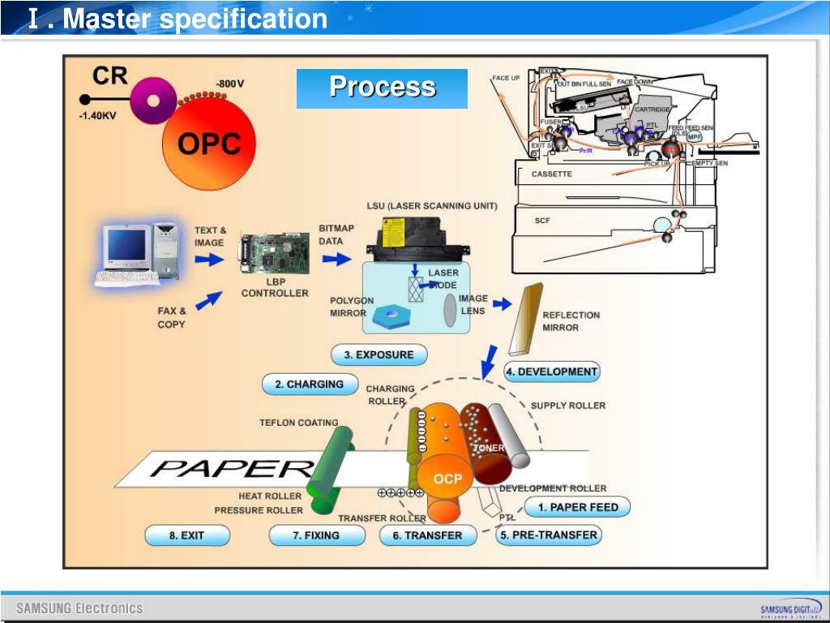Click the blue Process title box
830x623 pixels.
pyautogui.click(x=382, y=88)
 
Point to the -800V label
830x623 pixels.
pyautogui.click(x=230, y=84)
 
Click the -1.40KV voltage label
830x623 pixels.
pyautogui.click(x=97, y=116)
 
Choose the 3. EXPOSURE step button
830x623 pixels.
pyautogui.click(x=379, y=354)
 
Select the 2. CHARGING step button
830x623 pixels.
pyautogui.click(x=310, y=385)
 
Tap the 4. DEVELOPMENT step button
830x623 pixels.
pyautogui.click(x=552, y=372)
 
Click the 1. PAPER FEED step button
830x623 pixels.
pyautogui.click(x=578, y=507)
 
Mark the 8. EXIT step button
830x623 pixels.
pyautogui.click(x=187, y=535)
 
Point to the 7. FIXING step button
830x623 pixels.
pyautogui.click(x=316, y=535)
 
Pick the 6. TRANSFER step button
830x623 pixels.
pyautogui.click(x=427, y=535)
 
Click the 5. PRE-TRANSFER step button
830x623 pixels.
pyautogui.click(x=549, y=535)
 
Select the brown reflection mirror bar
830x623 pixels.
pyautogui.click(x=524, y=320)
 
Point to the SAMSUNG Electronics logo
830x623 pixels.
pyautogui.click(x=79, y=608)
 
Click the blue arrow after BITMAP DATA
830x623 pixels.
pyautogui.click(x=333, y=259)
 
